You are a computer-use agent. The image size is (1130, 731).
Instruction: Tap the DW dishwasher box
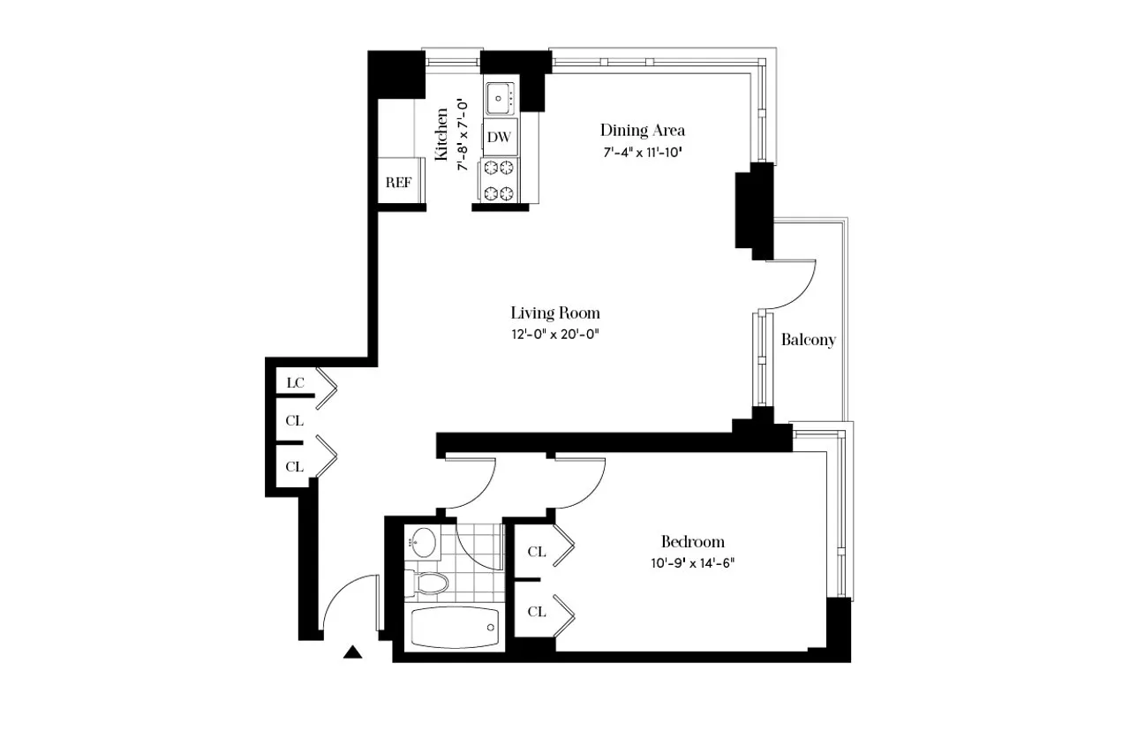(x=500, y=137)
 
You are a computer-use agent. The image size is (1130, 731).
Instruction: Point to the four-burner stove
(x=499, y=180)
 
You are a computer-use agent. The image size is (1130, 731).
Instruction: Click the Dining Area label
(x=642, y=131)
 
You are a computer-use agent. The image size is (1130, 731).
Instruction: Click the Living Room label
(x=555, y=313)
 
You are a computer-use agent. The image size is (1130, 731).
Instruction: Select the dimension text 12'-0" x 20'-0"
(x=555, y=334)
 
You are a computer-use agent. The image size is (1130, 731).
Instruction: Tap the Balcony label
(x=808, y=340)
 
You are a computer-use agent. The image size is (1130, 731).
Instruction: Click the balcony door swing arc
(x=799, y=287)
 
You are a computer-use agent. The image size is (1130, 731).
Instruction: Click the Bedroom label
(x=693, y=542)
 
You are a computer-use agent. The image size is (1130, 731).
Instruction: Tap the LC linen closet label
(x=295, y=383)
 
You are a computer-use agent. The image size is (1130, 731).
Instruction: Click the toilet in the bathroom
(x=428, y=583)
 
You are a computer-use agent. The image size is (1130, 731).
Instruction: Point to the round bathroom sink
(x=425, y=541)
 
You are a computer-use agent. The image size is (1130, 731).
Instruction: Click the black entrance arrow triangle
(x=353, y=653)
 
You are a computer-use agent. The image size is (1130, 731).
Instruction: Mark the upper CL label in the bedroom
(x=536, y=553)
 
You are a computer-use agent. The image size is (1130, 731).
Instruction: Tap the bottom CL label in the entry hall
(x=295, y=466)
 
